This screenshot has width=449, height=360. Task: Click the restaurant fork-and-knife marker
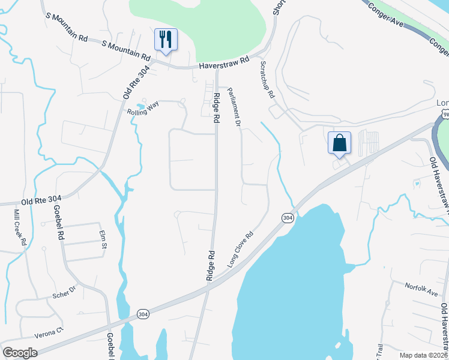(x=165, y=40)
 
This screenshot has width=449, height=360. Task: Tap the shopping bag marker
(x=339, y=143)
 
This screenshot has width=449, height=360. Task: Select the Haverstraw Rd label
(x=223, y=62)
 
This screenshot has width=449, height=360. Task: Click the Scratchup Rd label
(x=267, y=79)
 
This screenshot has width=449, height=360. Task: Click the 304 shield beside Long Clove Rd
(x=288, y=218)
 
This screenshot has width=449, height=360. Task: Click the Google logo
(x=19, y=353)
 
